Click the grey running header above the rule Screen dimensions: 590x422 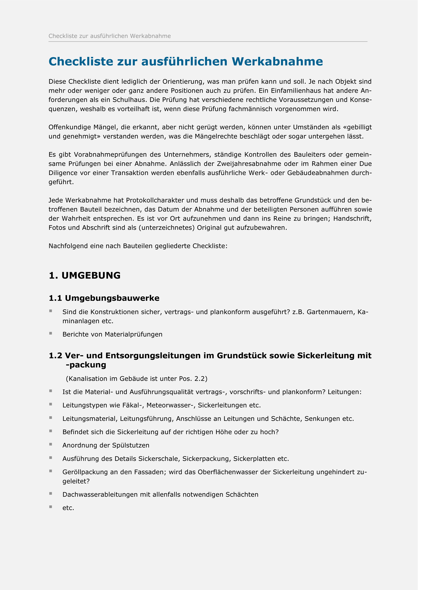point(110,36)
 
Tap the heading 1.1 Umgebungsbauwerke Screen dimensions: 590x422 point(104,298)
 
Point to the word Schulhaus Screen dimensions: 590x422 point(126,100)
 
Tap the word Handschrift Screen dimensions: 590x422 point(352,218)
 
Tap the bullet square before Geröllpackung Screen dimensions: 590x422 point(51,471)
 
